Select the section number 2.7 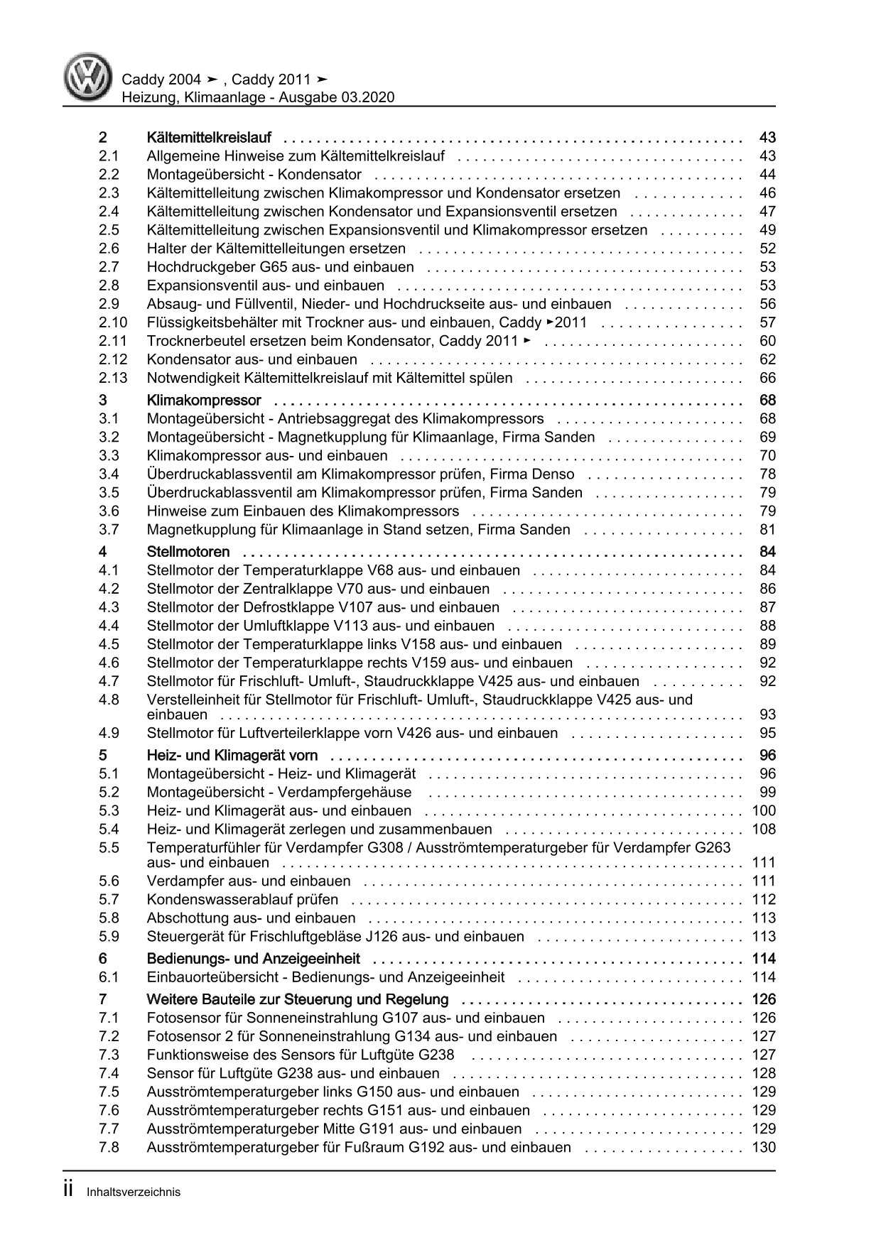tap(109, 267)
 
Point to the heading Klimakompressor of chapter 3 tap(204, 401)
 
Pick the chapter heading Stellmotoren tap(188, 552)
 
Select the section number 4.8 tap(109, 700)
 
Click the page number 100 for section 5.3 tap(764, 811)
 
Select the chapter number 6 tap(103, 959)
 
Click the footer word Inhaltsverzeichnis tap(134, 1192)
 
